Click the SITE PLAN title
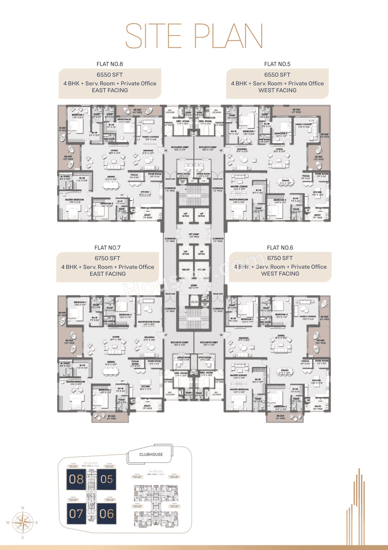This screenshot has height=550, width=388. pos(194,36)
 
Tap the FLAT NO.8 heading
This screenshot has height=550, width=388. pos(110,64)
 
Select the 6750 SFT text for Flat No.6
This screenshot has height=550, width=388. pos(280,258)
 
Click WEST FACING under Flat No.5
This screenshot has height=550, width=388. pos(277,90)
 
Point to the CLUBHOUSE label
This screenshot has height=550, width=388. pos(151,454)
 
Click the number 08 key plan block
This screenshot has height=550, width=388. pos(76,479)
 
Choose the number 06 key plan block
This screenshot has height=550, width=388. pos(106,514)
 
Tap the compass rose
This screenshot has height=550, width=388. pos(23,522)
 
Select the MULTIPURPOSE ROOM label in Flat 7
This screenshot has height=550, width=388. pos(149,322)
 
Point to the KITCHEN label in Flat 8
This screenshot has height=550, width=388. pos(145,192)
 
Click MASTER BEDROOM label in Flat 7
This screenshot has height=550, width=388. pos(75,382)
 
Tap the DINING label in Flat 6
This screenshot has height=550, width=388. pos(285,370)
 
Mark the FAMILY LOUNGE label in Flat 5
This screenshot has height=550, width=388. pos(303,125)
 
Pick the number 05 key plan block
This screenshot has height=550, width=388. pos(106,479)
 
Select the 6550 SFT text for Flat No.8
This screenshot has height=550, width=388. pos(110,75)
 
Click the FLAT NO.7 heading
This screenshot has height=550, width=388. pos(108,248)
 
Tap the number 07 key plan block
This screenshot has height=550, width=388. pos(76,514)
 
